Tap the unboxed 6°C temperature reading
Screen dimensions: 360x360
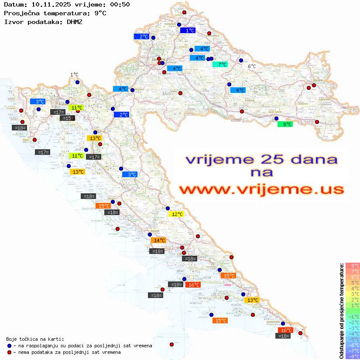coord(252,66)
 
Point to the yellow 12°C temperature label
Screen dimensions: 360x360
coord(177,214)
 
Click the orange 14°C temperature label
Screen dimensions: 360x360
coord(158,240)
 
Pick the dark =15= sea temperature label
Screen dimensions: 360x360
coord(67,118)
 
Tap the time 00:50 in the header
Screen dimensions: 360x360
coord(120,4)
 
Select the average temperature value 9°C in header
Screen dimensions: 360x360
coord(99,13)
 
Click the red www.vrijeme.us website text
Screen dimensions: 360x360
coord(261,189)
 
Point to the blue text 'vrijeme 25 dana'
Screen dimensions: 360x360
coord(261,159)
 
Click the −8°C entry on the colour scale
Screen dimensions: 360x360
coord(353,356)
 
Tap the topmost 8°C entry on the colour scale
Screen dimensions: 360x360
coord(353,265)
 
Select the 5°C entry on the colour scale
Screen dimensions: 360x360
coord(353,282)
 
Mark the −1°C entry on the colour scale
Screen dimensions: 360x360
coord(353,316)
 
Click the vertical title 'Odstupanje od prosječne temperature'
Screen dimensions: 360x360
coord(342,311)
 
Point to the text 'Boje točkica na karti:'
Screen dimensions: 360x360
coord(35,339)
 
